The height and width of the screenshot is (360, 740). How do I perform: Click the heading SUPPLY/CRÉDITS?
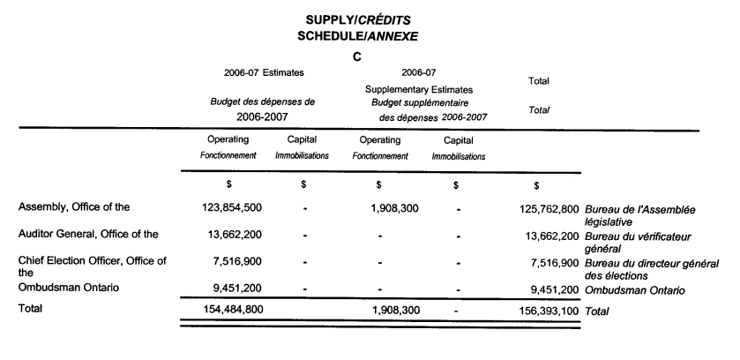point(357,19)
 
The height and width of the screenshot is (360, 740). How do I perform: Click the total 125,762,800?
point(543,208)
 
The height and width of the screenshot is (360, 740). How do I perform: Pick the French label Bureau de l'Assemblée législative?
point(652,215)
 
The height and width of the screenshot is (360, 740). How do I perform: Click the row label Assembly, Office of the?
point(74,208)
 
